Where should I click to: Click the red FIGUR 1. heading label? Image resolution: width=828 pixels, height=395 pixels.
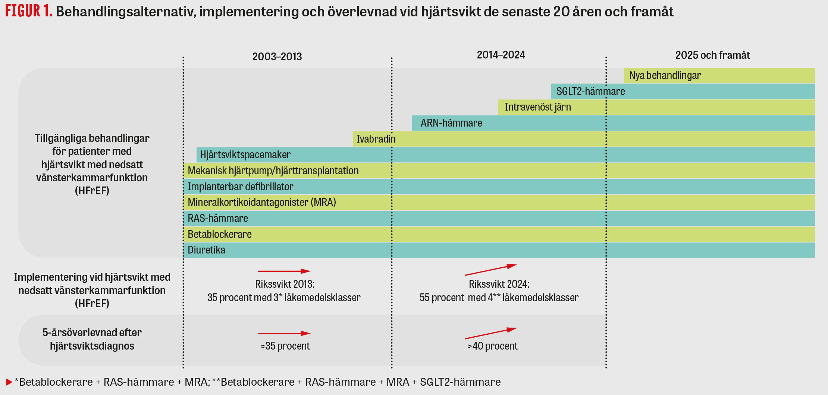[x=28, y=11]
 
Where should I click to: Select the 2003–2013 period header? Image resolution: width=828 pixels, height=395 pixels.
[x=277, y=57]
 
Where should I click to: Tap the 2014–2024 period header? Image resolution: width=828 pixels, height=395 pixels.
[x=501, y=55]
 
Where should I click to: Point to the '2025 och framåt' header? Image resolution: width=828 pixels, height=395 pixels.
[x=712, y=55]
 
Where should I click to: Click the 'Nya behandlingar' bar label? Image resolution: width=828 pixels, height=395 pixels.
[x=665, y=76]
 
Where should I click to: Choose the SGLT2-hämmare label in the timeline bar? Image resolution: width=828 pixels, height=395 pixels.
[x=590, y=92]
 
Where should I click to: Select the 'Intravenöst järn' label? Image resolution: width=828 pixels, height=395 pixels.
[x=537, y=107]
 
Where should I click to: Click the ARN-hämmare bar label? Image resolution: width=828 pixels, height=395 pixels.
[x=451, y=123]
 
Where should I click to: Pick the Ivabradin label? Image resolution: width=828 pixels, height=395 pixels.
[x=376, y=139]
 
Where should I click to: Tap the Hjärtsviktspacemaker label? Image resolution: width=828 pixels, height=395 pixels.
[x=245, y=155]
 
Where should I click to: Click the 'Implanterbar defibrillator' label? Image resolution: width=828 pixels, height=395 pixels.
[x=240, y=187]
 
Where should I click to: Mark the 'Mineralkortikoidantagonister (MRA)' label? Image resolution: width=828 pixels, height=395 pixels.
[x=261, y=203]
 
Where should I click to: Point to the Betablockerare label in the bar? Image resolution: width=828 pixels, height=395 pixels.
[x=219, y=234]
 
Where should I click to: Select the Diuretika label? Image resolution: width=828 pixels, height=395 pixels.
[x=206, y=250]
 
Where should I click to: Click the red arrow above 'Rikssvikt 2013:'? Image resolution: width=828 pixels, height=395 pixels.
[x=284, y=271]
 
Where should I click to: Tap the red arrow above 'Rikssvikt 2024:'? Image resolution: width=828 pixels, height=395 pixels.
[x=490, y=270]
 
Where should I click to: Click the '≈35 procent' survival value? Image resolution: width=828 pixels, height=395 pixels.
[x=285, y=346]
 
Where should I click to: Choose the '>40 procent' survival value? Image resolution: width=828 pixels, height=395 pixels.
[x=492, y=346]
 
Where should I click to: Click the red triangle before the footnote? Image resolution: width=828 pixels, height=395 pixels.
[x=9, y=382]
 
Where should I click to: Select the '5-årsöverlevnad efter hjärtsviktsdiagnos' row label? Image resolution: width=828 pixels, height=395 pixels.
[x=92, y=339]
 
